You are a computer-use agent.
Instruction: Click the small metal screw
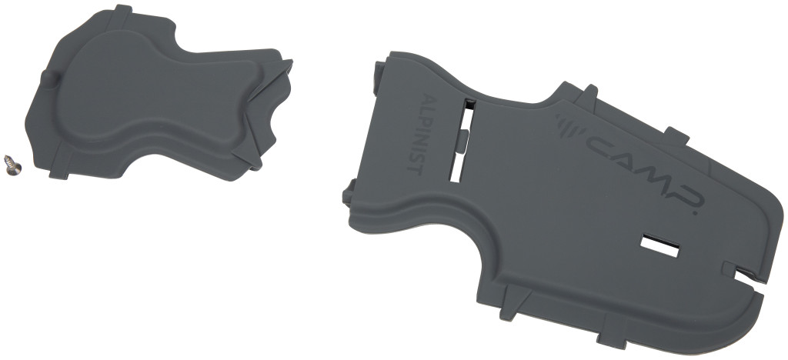12,165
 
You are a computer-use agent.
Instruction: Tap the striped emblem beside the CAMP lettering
569,125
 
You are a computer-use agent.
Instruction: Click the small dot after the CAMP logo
696,213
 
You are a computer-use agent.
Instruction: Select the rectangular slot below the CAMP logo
659,245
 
